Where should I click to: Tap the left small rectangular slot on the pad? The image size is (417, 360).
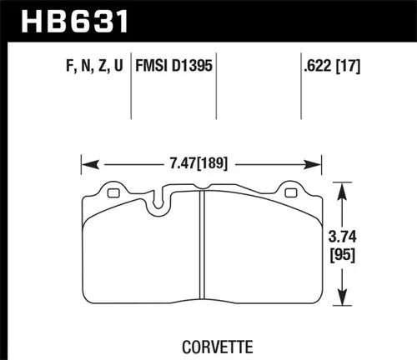[114, 194]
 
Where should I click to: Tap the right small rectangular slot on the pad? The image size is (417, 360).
[290, 194]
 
